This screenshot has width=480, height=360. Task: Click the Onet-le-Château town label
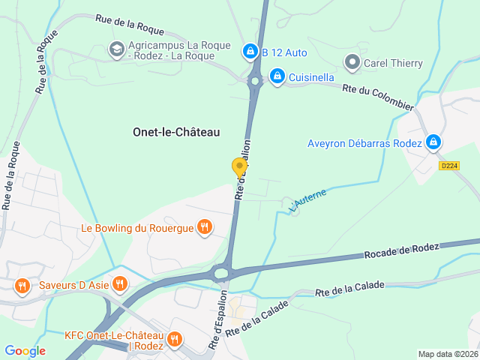coord(176,131)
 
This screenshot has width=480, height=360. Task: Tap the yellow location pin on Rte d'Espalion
coord(240,167)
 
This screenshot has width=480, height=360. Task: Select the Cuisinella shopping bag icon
coord(277,76)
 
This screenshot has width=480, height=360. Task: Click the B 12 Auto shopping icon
coord(249,52)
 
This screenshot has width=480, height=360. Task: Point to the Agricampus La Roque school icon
coord(116,49)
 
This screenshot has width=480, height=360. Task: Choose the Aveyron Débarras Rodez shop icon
coord(433,142)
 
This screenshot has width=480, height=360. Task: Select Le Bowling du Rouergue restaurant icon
coord(204,226)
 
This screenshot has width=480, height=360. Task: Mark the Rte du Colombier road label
coord(378,97)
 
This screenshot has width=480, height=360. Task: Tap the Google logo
coord(25,351)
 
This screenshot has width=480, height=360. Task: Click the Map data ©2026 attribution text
coord(447,354)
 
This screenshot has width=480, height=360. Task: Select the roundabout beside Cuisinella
coord(255,80)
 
